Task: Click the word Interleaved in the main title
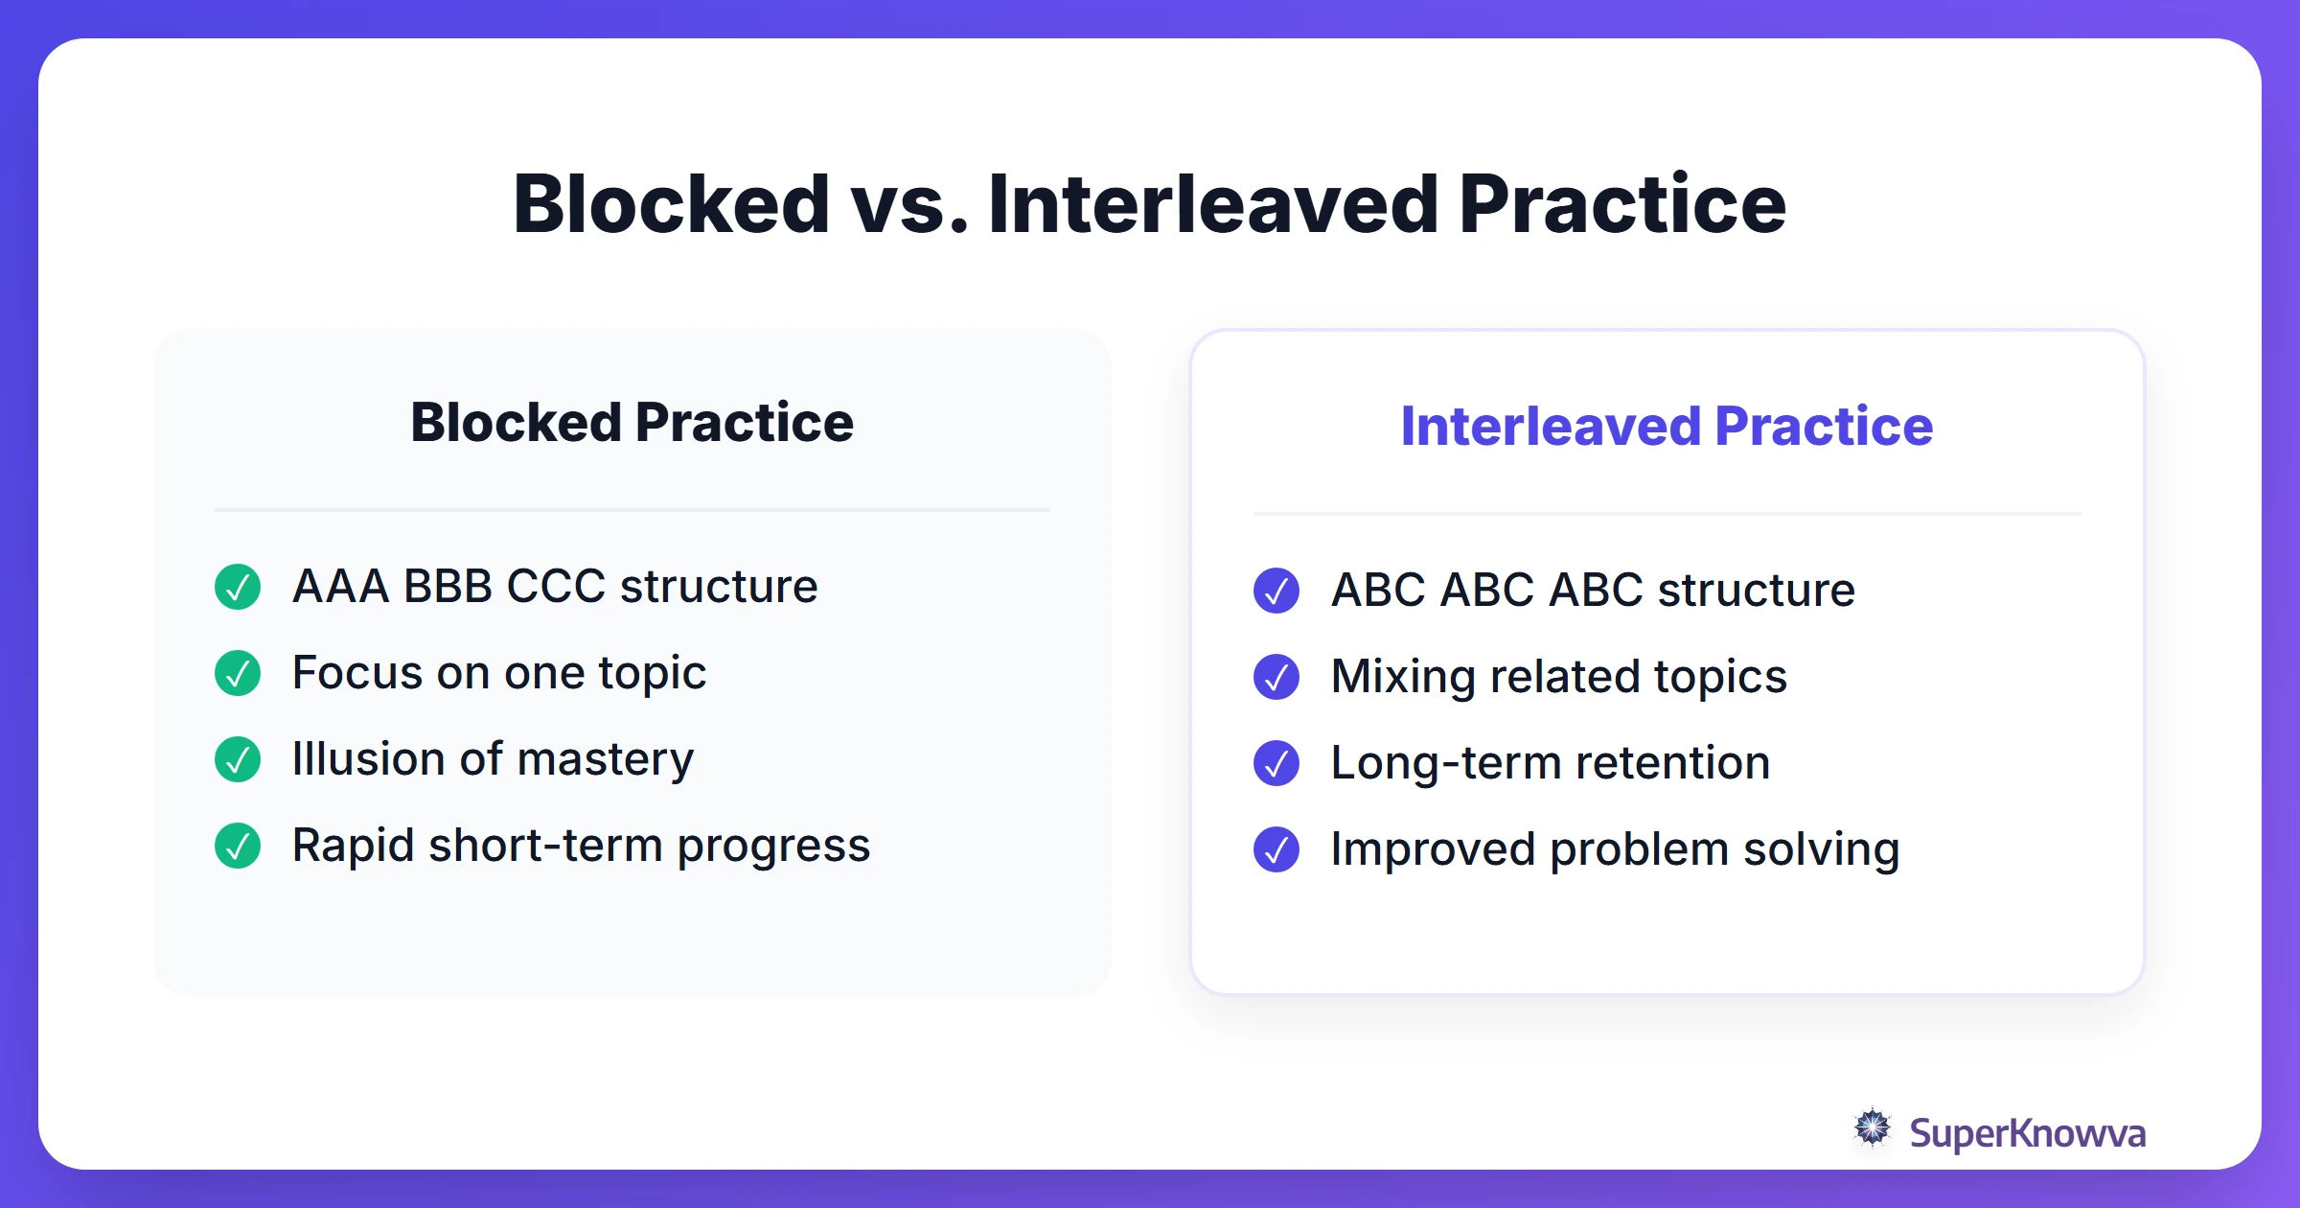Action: tap(1212, 204)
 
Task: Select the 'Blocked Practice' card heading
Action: tap(632, 423)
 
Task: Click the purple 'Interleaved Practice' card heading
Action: tap(1667, 427)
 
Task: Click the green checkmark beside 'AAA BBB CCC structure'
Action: tap(238, 587)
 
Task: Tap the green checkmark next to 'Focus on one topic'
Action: tap(238, 673)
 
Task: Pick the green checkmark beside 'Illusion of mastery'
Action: tap(238, 759)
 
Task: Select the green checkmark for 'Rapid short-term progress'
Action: tap(238, 846)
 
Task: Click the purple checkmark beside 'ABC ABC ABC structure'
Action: tap(1276, 591)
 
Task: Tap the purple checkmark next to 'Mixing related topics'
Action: tap(1276, 677)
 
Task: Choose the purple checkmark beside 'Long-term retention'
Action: tap(1276, 763)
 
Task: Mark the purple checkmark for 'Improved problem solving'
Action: tap(1276, 849)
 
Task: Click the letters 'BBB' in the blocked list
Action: tap(448, 587)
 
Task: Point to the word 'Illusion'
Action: tap(368, 759)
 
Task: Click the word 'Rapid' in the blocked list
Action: tap(353, 846)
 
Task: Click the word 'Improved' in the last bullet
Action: tap(1433, 849)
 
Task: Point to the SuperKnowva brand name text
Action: tap(2027, 1133)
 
